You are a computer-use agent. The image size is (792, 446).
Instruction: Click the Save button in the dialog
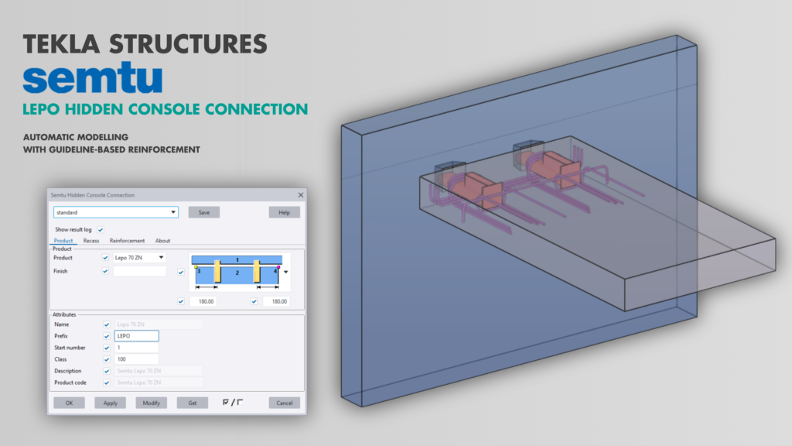pyautogui.click(x=204, y=212)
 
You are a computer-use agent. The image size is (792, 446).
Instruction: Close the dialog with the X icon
pyautogui.click(x=300, y=195)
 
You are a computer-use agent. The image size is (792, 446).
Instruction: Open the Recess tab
pyautogui.click(x=91, y=241)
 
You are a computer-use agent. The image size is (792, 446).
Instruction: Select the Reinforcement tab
pyautogui.click(x=127, y=241)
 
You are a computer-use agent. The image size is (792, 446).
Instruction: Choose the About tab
pyautogui.click(x=162, y=241)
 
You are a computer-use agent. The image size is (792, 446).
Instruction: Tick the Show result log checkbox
pyautogui.click(x=101, y=230)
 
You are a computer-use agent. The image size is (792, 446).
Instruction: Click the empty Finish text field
pyautogui.click(x=139, y=271)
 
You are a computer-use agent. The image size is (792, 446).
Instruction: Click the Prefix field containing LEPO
pyautogui.click(x=136, y=336)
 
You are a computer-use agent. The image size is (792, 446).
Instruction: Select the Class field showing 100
pyautogui.click(x=136, y=359)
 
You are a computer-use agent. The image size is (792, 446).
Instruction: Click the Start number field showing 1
pyautogui.click(x=136, y=348)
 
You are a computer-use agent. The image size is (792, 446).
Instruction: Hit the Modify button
pyautogui.click(x=151, y=403)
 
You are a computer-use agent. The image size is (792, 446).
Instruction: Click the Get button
pyautogui.click(x=192, y=403)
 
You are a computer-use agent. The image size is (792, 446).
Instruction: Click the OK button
pyautogui.click(x=69, y=403)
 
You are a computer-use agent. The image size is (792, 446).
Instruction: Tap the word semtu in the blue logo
pyautogui.click(x=93, y=79)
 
